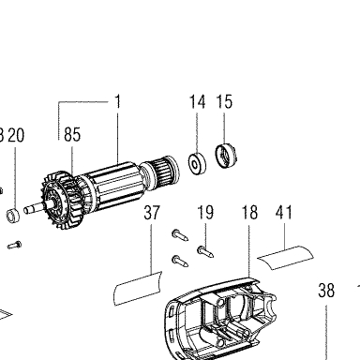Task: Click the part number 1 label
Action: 117,102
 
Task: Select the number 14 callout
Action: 198,102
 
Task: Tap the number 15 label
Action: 224,102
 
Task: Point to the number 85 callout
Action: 72,134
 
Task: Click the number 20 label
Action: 16,135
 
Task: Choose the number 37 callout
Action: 152,213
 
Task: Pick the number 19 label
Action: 205,213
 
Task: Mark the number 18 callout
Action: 249,213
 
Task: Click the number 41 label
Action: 284,213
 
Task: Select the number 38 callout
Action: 326,291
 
